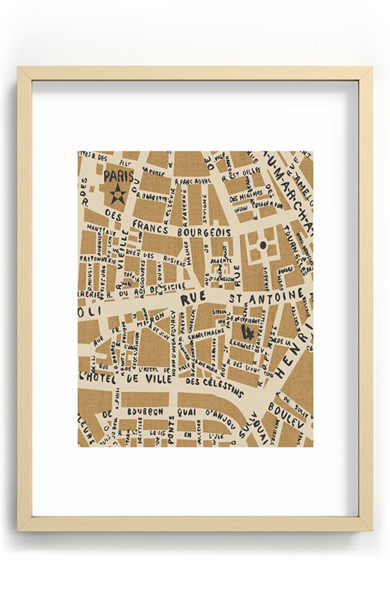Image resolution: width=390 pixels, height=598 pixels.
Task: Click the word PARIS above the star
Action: [x=118, y=177]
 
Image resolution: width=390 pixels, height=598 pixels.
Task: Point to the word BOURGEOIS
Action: [x=203, y=232]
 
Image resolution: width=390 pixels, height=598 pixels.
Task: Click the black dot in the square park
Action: [x=262, y=244]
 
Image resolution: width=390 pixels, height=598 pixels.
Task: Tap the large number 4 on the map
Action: [x=246, y=330]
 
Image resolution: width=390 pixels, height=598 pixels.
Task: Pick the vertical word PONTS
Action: [x=171, y=429]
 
